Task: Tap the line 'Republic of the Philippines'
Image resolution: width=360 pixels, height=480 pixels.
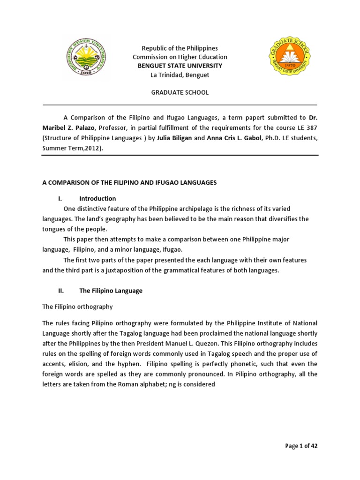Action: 180,48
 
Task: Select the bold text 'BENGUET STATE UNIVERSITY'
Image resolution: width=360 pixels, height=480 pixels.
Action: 180,66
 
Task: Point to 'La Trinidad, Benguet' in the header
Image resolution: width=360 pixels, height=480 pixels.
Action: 180,75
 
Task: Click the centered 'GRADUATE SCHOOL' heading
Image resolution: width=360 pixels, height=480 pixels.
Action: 180,92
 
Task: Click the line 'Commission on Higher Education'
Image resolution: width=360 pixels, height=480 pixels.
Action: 180,57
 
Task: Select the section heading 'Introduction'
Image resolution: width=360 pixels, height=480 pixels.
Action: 97,198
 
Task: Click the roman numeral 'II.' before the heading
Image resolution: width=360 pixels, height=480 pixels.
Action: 61,291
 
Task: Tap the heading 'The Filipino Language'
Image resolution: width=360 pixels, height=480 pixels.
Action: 111,291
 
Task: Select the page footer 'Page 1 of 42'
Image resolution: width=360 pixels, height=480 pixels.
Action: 301,446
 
